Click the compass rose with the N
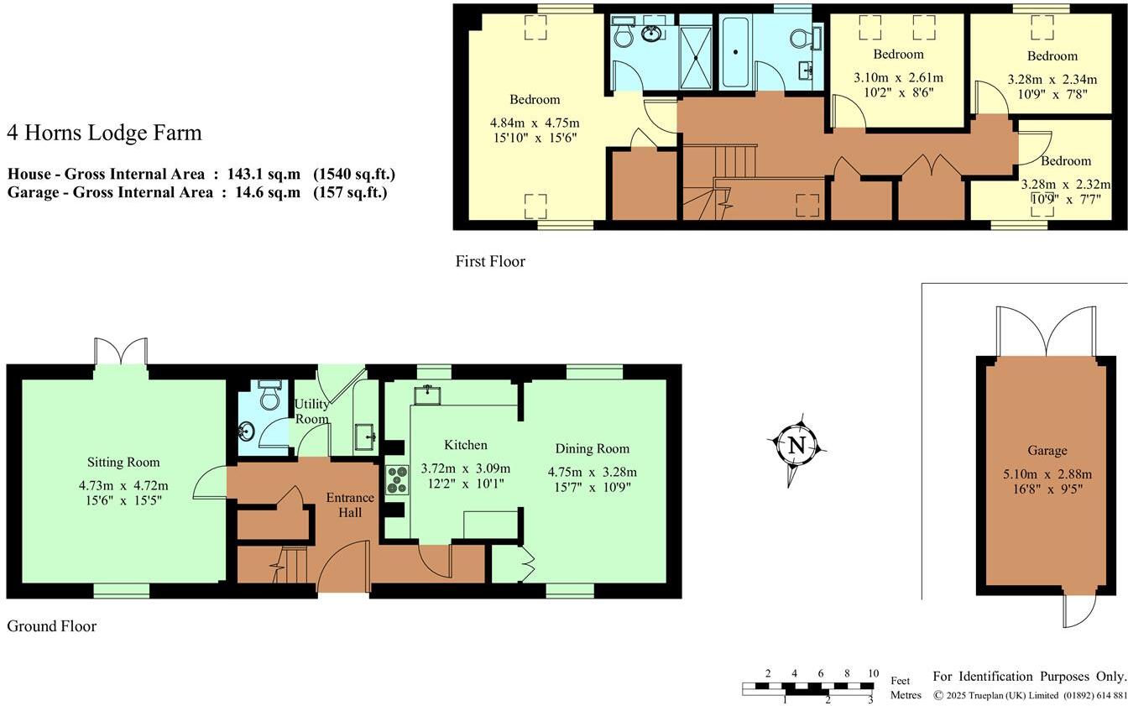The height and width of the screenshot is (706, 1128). pyautogui.click(x=796, y=447)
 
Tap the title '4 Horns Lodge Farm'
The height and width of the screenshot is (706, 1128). pyautogui.click(x=104, y=133)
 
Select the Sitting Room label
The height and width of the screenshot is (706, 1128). pyautogui.click(x=123, y=463)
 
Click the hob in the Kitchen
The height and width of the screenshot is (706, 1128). pyautogui.click(x=396, y=479)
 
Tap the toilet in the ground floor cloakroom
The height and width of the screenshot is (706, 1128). pyautogui.click(x=269, y=395)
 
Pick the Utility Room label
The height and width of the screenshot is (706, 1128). pyautogui.click(x=311, y=411)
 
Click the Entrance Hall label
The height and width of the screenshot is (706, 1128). pyautogui.click(x=350, y=505)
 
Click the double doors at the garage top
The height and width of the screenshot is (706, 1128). pyautogui.click(x=1046, y=332)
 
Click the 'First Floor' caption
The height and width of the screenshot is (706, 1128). pyautogui.click(x=490, y=261)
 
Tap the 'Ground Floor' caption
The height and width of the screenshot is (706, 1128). pyautogui.click(x=51, y=626)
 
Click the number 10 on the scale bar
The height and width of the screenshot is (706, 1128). pyautogui.click(x=873, y=673)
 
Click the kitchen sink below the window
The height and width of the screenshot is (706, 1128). pyautogui.click(x=429, y=392)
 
